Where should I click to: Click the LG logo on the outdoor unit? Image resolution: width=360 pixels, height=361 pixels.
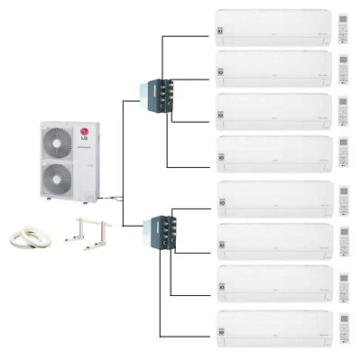coord(87,135)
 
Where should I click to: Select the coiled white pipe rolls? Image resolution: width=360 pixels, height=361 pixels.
coord(30,236)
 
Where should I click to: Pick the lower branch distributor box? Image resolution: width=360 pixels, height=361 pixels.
coord(156,231)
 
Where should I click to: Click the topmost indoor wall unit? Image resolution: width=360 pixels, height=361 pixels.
coord(272,27)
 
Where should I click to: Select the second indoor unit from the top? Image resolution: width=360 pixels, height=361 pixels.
coord(272,69)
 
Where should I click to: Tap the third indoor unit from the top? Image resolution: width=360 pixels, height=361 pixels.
coord(272,111)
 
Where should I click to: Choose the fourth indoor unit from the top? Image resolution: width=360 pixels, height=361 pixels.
coord(272,153)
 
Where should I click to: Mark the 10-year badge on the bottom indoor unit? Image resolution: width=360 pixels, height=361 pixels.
coord(223,336)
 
